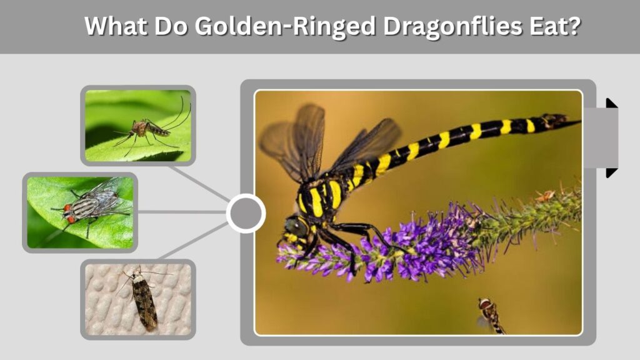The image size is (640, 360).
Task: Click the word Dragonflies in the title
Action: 452,26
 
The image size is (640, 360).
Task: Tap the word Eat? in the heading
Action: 555,26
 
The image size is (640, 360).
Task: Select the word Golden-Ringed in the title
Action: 285,26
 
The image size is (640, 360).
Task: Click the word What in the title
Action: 116,26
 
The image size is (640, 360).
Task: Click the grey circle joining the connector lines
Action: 246,213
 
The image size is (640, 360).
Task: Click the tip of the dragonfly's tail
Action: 579,121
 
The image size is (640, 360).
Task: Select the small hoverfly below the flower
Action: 491,316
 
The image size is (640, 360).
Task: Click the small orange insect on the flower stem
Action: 546,196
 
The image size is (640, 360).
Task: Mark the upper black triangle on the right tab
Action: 611,103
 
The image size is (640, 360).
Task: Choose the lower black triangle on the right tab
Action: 611,172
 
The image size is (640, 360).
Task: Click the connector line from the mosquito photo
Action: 200,184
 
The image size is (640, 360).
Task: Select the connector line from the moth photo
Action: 194,241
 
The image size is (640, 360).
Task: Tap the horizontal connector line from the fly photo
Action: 182,212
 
